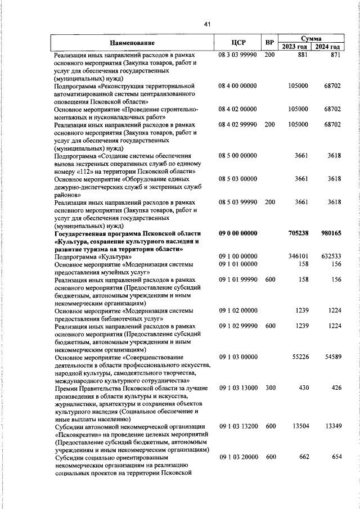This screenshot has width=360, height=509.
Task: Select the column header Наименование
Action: tap(132, 43)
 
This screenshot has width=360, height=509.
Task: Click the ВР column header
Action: tap(270, 43)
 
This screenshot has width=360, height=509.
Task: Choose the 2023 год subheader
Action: tap(295, 47)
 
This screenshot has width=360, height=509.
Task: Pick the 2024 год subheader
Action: tap(327, 47)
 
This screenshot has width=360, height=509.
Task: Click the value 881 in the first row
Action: tap(303, 56)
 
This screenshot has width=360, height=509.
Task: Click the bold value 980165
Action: tap(330, 233)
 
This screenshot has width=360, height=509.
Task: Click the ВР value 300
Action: tap(270, 388)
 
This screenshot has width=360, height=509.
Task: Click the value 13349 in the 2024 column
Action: tap(331, 426)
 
